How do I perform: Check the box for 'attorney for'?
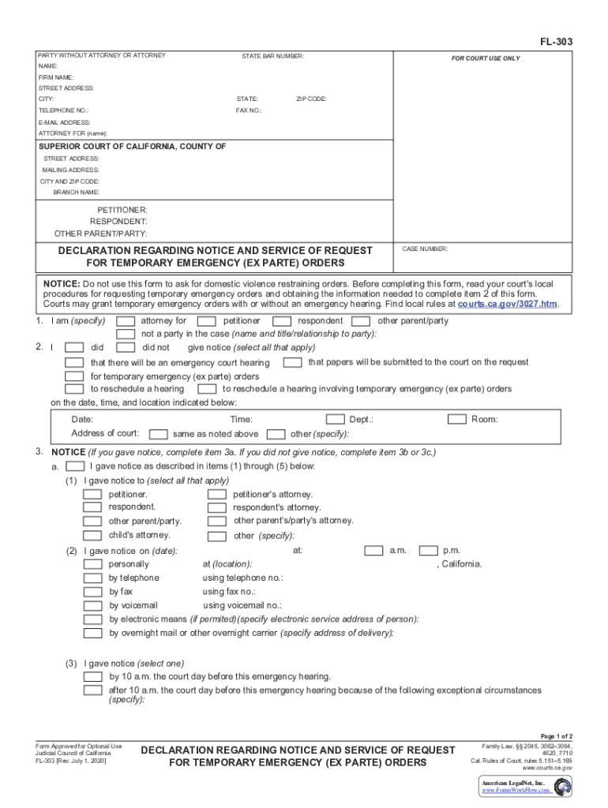[x=126, y=321]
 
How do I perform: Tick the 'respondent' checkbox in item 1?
[x=282, y=321]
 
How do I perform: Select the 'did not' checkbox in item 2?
[x=126, y=347]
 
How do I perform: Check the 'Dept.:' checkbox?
[x=336, y=420]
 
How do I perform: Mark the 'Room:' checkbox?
[x=457, y=420]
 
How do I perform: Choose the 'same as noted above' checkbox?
[x=159, y=434]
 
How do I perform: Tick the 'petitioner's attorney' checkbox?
[x=216, y=495]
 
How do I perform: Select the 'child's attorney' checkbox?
[x=93, y=536]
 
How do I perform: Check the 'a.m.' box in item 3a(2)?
[x=373, y=551]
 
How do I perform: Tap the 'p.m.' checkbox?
[x=428, y=551]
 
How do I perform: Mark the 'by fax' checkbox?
[x=93, y=592]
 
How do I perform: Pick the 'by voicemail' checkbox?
[x=93, y=606]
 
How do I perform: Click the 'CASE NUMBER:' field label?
[x=425, y=249]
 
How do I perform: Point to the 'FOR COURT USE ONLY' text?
[x=485, y=58]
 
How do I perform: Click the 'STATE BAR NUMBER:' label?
[x=272, y=56]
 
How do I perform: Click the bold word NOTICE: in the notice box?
[x=62, y=283]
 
